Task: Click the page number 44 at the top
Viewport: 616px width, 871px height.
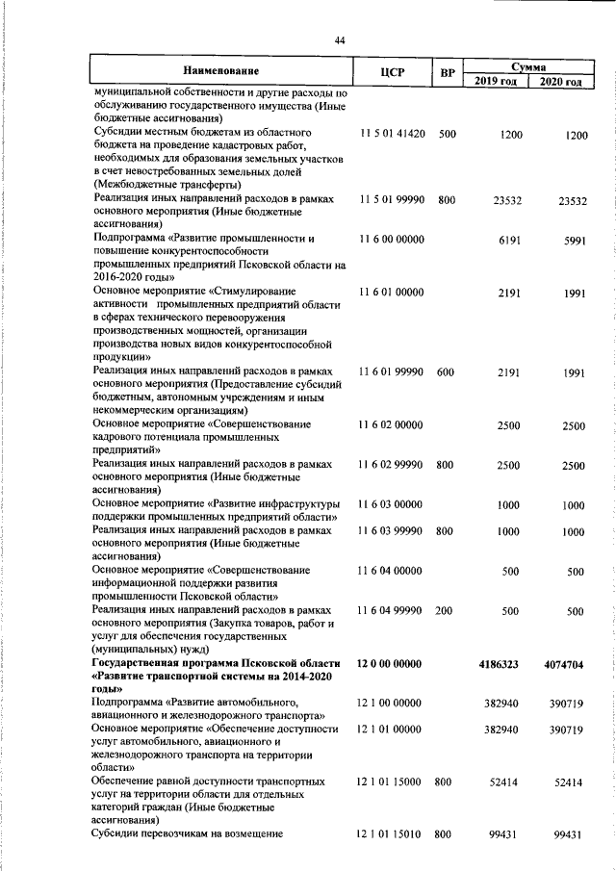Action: pyautogui.click(x=339, y=39)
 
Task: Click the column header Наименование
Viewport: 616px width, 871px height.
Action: pyautogui.click(x=222, y=72)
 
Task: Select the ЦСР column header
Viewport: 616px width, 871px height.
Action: pyautogui.click(x=392, y=72)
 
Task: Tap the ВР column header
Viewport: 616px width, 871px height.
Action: pyautogui.click(x=447, y=72)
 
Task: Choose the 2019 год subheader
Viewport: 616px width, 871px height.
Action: pyautogui.click(x=496, y=80)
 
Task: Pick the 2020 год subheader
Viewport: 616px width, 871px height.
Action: pyautogui.click(x=561, y=80)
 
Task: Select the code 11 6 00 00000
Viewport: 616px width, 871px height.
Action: pyautogui.click(x=390, y=240)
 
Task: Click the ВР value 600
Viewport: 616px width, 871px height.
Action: pyautogui.click(x=445, y=371)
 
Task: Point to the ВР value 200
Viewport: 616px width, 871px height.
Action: pyautogui.click(x=445, y=610)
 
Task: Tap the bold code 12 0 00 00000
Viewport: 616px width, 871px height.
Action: pyautogui.click(x=390, y=663)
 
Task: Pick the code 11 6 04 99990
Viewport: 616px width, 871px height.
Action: pyautogui.click(x=390, y=610)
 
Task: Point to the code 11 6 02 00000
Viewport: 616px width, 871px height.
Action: pyautogui.click(x=390, y=424)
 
